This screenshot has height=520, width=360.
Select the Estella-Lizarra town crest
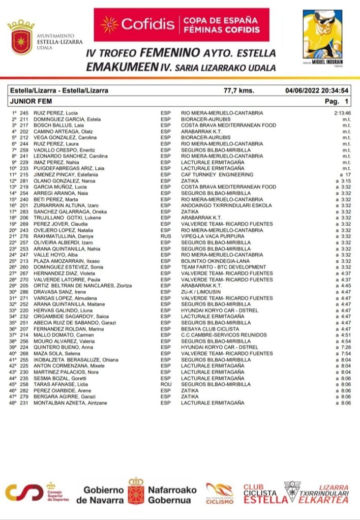20,37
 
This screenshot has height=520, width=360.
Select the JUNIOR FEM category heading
31,101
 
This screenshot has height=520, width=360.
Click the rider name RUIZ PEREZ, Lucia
56,112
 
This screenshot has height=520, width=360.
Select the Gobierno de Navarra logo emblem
135,492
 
